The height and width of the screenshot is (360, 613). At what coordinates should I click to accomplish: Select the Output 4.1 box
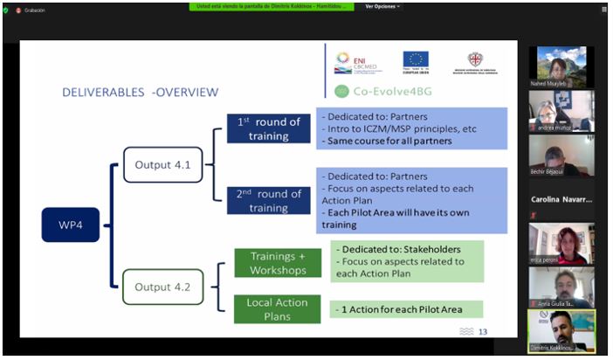(x=162, y=164)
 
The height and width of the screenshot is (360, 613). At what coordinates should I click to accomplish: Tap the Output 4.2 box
(x=162, y=286)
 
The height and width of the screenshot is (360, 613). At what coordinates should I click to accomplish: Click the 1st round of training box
(x=268, y=128)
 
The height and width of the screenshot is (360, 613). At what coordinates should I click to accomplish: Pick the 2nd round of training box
(x=268, y=200)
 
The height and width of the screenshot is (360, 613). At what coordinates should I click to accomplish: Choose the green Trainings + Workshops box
(x=278, y=262)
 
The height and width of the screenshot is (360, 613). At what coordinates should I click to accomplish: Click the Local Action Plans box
(x=278, y=308)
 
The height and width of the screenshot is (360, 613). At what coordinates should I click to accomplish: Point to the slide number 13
(x=482, y=331)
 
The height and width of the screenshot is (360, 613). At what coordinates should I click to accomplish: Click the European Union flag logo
(x=416, y=60)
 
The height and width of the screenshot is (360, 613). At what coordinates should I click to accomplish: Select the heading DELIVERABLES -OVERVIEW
(x=140, y=92)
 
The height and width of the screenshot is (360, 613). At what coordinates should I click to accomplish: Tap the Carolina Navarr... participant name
(x=561, y=199)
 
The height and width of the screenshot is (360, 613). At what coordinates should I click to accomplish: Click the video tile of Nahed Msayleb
(x=561, y=66)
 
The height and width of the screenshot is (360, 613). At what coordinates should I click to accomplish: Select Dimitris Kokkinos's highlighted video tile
(x=561, y=330)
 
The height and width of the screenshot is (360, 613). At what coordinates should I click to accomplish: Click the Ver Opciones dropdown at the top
(x=382, y=6)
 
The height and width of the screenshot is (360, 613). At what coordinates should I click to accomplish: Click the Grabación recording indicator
(x=31, y=10)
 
